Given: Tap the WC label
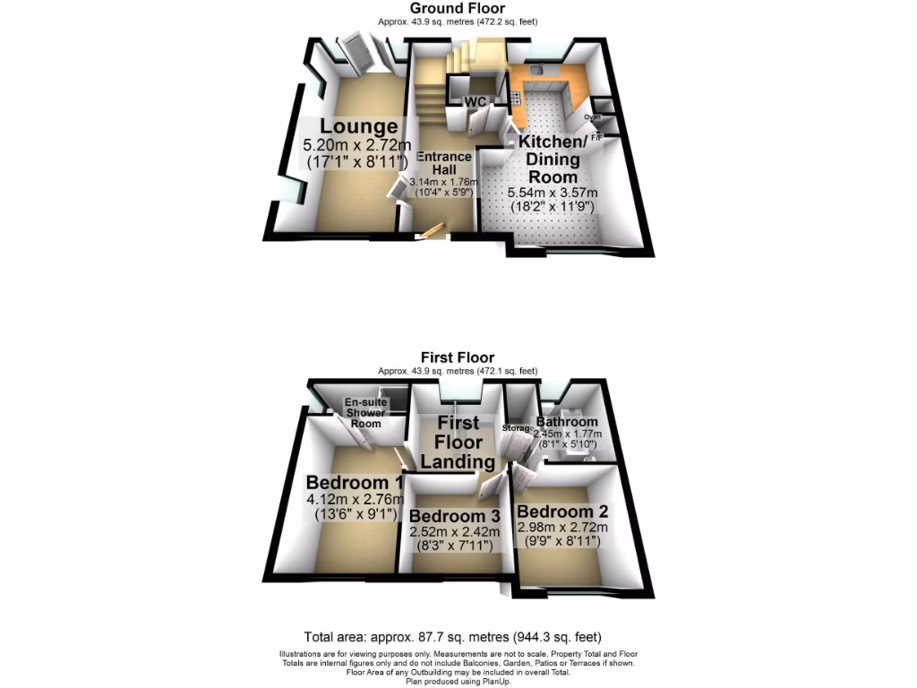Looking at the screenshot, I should point(475,101).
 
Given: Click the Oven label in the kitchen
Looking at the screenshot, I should point(592,116).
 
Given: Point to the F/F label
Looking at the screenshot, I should point(596,137).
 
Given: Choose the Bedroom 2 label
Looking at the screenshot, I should point(562,512).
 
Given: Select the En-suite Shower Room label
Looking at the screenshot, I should point(365,413).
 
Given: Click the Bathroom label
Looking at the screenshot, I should point(566,422).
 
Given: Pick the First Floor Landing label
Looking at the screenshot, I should point(458,443).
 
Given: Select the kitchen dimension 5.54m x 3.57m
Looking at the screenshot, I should point(553,193).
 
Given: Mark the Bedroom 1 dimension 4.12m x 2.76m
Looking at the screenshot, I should point(356,500).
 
